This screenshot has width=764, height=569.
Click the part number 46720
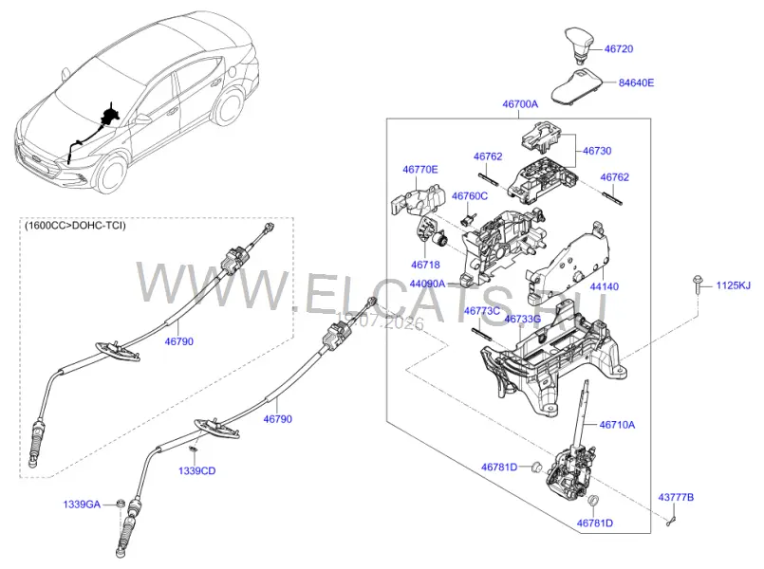pos(618,48)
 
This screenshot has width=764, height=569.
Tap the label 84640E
pos(636,83)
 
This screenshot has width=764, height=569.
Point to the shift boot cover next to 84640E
pos(577,86)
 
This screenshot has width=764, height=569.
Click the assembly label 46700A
pos(520,103)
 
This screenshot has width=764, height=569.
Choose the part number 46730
pos(597,151)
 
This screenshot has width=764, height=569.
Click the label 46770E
pos(420,170)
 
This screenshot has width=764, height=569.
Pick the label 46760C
pos(469,196)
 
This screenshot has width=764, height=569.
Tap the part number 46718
pos(425,265)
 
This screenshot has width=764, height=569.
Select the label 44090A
pos(427,284)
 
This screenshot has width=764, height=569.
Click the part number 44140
pos(605,286)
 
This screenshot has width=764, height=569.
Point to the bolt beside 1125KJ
pos(697,285)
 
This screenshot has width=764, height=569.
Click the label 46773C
pos(482,311)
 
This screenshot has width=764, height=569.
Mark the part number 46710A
pos(617,425)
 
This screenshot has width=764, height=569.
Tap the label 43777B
pos(676,498)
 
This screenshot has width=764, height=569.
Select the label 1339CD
pos(196,470)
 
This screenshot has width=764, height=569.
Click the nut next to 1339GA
pos(120,504)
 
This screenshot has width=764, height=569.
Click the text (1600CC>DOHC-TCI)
pos(75,226)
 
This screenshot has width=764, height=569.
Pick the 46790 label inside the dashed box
pos(178,341)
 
